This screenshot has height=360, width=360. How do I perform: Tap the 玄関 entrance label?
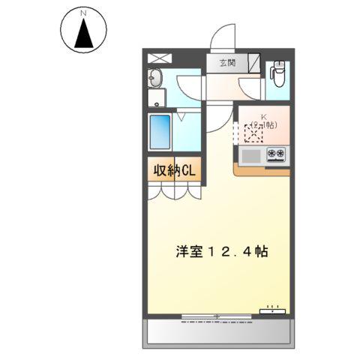[x=228, y=63]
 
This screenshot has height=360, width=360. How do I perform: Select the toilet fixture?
[x=277, y=74]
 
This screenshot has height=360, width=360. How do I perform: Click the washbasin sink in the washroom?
[x=156, y=77]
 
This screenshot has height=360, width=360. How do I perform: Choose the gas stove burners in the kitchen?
[x=276, y=155]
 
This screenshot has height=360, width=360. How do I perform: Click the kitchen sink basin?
[x=251, y=155]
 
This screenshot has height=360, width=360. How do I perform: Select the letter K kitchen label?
[x=263, y=116]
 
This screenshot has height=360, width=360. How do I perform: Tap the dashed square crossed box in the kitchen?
[x=253, y=134]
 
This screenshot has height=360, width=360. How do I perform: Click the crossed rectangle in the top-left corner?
[x=158, y=58]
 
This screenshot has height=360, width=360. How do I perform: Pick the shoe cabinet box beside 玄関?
[x=254, y=63]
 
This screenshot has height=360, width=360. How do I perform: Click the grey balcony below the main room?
[x=217, y=331]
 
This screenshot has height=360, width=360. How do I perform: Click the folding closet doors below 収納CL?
[x=175, y=192]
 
